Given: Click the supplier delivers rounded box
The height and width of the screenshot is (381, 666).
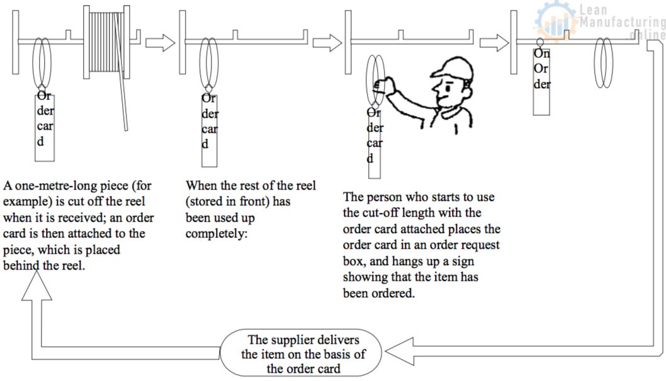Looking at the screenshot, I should pyautogui.click(x=303, y=354).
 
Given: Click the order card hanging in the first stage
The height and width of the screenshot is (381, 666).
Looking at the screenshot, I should pyautogui.click(x=45, y=126).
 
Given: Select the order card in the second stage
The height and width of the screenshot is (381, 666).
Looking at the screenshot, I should pyautogui.click(x=210, y=129).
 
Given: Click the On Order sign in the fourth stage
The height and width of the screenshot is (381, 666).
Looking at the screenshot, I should pyautogui.click(x=542, y=79).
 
